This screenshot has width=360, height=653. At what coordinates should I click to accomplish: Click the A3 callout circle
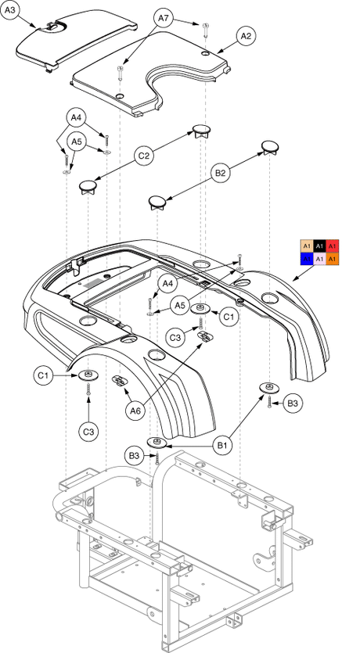point(11,12)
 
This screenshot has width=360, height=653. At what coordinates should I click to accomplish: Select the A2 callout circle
point(246,36)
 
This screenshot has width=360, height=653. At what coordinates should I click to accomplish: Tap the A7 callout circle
point(164,19)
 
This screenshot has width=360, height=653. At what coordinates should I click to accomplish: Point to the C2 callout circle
point(144,156)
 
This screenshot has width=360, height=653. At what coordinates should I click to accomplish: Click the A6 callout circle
point(135,411)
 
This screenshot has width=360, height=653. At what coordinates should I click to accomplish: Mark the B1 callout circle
point(222,446)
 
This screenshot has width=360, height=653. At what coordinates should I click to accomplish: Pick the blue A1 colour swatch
point(307,259)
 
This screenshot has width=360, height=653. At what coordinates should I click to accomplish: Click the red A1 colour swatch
point(333,246)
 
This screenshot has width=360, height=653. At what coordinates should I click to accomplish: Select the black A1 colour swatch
point(319,246)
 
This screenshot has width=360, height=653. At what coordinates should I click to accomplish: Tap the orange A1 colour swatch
point(333,259)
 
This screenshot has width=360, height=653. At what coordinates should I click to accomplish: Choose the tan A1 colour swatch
point(307,246)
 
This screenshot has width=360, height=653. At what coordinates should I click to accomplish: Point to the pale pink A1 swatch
point(319,259)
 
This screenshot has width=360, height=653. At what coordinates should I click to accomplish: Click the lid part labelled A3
point(75,41)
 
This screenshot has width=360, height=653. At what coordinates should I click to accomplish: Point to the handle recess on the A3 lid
point(53,27)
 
